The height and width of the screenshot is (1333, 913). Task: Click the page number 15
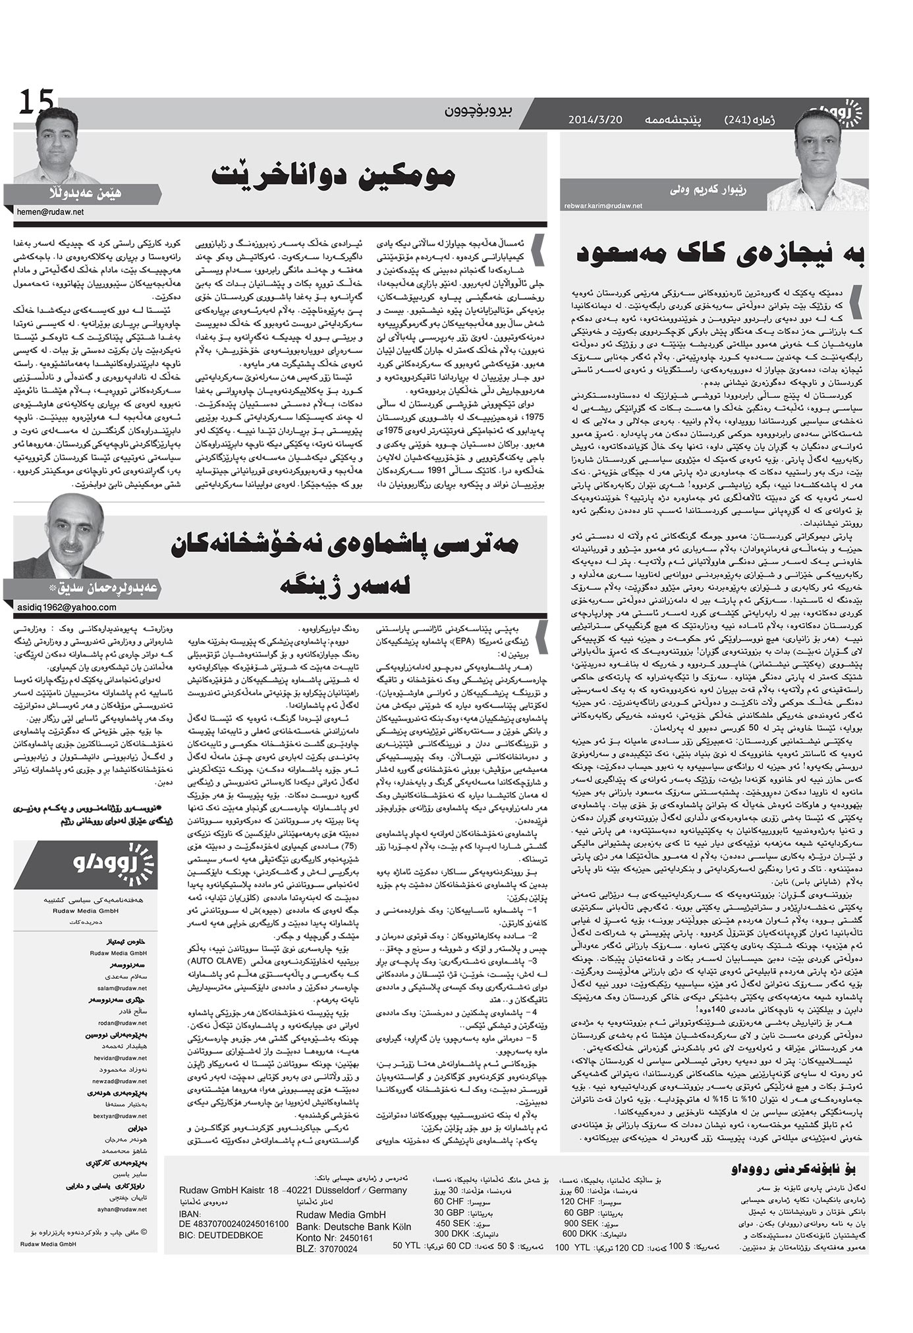coord(36,104)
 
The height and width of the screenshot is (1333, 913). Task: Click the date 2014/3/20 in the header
coord(595,121)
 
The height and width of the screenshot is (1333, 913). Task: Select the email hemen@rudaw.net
coord(49,212)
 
